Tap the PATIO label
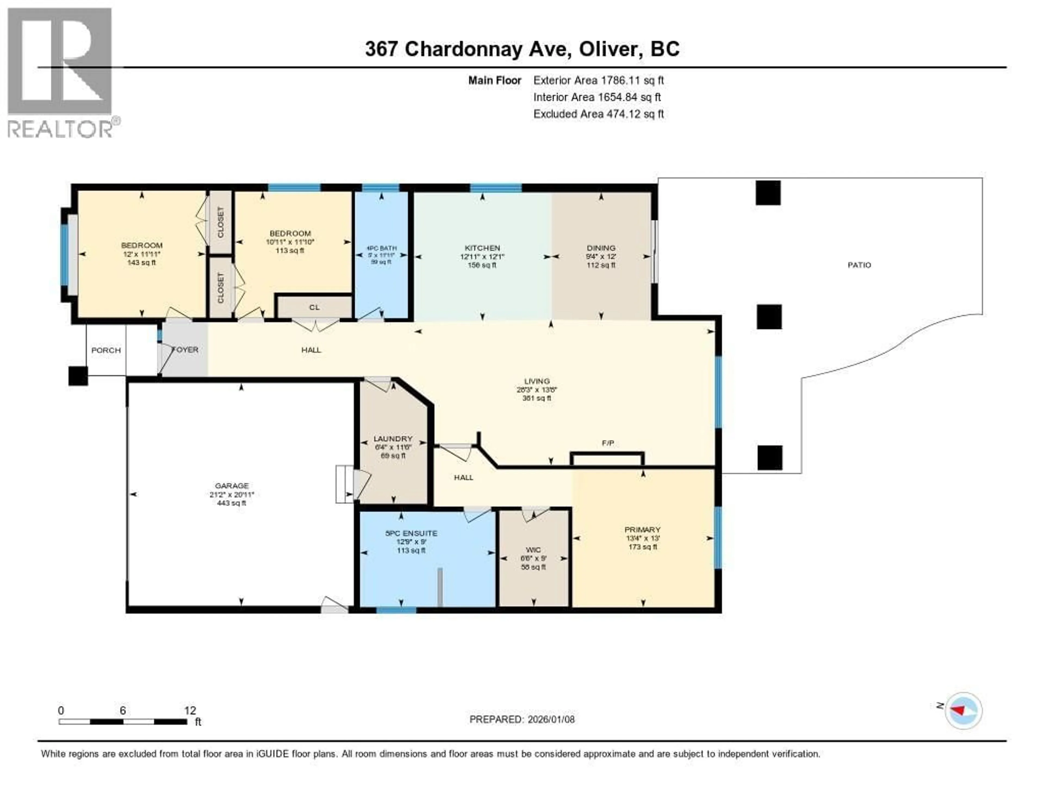[x=859, y=265]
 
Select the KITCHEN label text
[x=482, y=248]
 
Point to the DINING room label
[x=601, y=248]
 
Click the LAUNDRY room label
[x=393, y=439]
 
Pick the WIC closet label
[x=533, y=550]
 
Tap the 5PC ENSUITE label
[x=411, y=533]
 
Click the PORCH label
[x=106, y=350]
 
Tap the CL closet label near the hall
[x=314, y=307]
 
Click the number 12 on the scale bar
[x=190, y=710]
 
